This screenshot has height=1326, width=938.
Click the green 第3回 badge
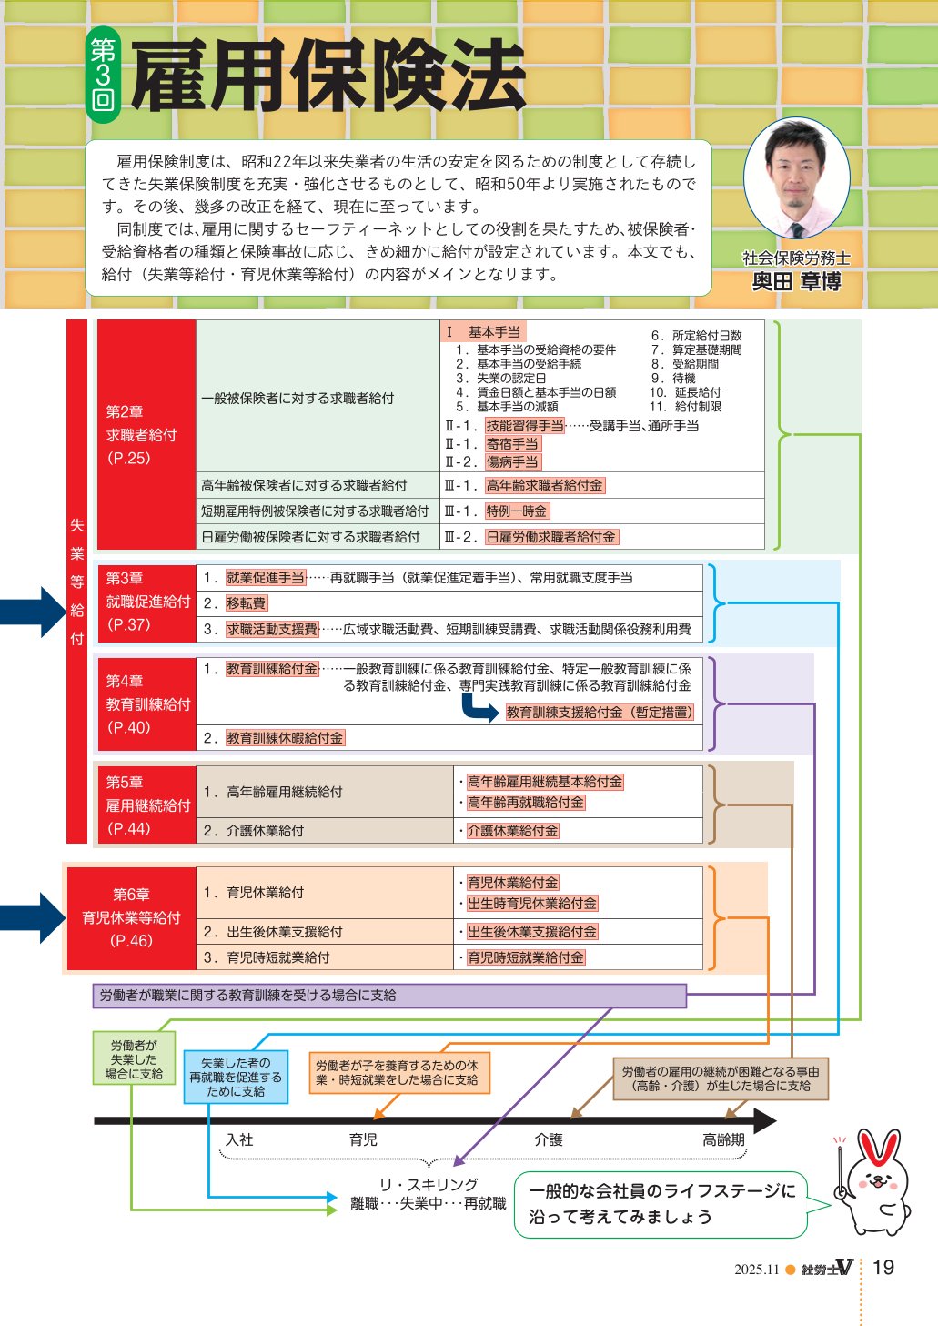pos(103,76)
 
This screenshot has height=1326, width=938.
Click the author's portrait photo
pos(796,179)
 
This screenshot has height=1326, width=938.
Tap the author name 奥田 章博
pos(796,282)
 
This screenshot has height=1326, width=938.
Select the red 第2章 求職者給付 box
pos(146,434)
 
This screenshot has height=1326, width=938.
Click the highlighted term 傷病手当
pos(512,462)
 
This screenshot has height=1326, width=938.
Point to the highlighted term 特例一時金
pos(517,511)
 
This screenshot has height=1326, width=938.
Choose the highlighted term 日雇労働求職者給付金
pos(551,537)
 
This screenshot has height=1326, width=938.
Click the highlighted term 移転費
pos(247,603)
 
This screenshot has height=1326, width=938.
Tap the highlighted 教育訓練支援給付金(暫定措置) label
pos(600,713)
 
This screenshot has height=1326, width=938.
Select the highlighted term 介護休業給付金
pos(512,831)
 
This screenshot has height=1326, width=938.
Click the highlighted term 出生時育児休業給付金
pos(531,904)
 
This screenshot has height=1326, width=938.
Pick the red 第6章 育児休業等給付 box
pos(132,917)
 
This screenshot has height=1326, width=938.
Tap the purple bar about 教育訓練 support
pos(389,996)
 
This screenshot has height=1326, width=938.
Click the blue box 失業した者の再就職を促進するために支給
pos(236,1077)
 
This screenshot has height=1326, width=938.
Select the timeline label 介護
pos(549,1139)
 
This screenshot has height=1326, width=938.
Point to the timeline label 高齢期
pos(723,1139)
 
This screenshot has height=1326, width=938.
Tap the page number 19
pos(883,1268)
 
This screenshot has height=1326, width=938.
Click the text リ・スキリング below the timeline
pos(428,1184)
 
